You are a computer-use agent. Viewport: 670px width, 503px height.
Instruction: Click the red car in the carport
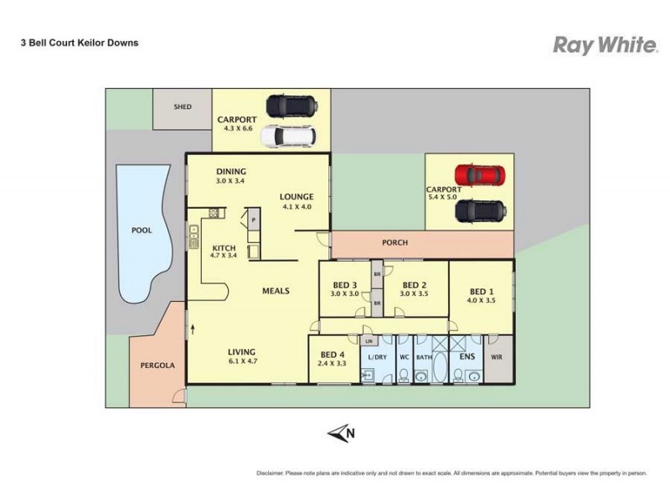pyautogui.click(x=480, y=175)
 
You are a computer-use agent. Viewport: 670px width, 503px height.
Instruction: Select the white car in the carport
pyautogui.click(x=287, y=136)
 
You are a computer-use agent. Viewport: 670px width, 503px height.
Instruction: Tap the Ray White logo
pyautogui.click(x=605, y=45)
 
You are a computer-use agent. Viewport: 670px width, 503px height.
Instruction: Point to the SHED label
pyautogui.click(x=182, y=107)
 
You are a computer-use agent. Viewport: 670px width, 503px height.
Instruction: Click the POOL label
pyautogui.click(x=142, y=230)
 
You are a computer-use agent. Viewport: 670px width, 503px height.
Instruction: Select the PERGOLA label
pyautogui.click(x=157, y=366)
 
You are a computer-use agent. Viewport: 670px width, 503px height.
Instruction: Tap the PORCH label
pyautogui.click(x=394, y=243)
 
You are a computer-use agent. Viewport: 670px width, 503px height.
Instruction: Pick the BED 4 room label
pyautogui.click(x=332, y=355)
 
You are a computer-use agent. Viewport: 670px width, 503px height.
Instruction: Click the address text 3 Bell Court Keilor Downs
pyautogui.click(x=80, y=42)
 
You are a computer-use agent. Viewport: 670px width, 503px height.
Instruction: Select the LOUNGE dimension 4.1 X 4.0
pyautogui.click(x=296, y=206)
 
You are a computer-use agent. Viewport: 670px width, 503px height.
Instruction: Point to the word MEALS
pyautogui.click(x=276, y=291)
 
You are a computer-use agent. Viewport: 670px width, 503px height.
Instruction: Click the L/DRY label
pyautogui.click(x=378, y=357)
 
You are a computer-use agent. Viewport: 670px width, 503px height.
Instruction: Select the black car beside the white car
pyautogui.click(x=291, y=106)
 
